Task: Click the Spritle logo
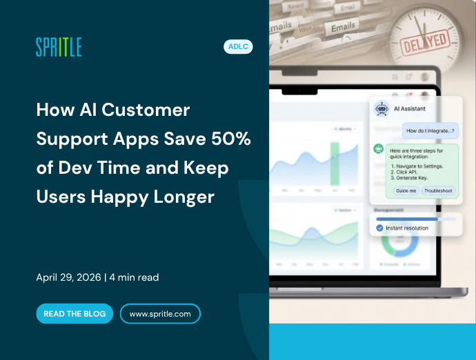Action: pos(59,47)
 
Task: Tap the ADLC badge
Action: pos(238,47)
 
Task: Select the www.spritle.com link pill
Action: pos(160,314)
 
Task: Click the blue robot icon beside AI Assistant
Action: pos(381,109)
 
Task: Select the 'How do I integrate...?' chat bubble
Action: pos(430,130)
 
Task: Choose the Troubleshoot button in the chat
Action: pos(438,190)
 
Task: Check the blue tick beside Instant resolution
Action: pos(379,228)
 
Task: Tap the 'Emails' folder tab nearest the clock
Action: pos(343,28)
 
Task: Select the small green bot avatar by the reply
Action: pos(378,148)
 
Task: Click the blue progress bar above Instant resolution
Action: pos(407,219)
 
